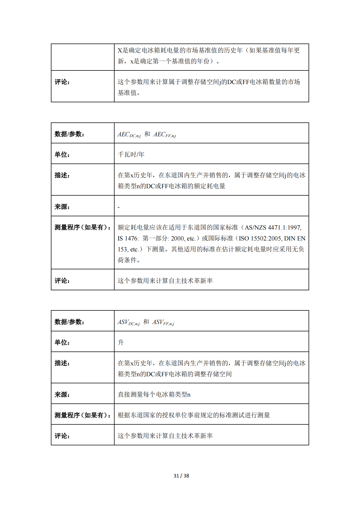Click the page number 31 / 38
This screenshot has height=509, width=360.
tap(181, 476)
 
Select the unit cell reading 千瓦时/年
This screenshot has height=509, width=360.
tap(131, 155)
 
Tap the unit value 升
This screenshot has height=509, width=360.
tap(121, 342)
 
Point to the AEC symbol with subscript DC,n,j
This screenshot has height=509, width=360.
tap(129, 134)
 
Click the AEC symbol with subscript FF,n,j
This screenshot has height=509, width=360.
tap(165, 134)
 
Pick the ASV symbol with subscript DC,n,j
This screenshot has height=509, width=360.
tap(128, 322)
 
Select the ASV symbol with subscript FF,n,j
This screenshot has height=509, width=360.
tap(163, 322)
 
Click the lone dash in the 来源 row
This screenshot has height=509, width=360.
tap(119, 207)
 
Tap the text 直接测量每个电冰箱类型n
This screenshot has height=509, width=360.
tap(154, 394)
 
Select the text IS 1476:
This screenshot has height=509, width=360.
tap(128, 239)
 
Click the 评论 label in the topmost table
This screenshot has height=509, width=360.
tap(62, 82)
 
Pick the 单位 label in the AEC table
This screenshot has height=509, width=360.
tap(62, 155)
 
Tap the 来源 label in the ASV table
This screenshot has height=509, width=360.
tap(62, 394)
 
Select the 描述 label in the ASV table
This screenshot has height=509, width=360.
tap(62, 363)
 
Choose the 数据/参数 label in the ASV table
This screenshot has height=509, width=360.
tap(69, 322)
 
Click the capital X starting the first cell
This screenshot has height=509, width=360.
tap(120, 50)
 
